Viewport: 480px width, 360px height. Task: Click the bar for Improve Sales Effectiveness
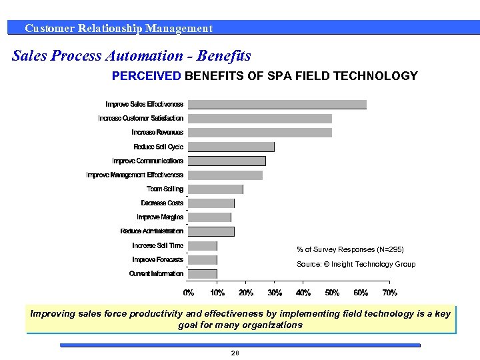pyautogui.click(x=277, y=104)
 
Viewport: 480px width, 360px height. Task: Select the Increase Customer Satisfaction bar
pyautogui.click(x=260, y=118)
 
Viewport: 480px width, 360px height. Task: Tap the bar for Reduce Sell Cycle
pyautogui.click(x=231, y=147)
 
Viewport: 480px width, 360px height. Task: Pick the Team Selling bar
pyautogui.click(x=215, y=189)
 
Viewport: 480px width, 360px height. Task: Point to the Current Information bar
pyautogui.click(x=203, y=274)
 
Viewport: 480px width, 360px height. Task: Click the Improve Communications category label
pyautogui.click(x=147, y=161)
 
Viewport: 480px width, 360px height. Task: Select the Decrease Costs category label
pyautogui.click(x=162, y=203)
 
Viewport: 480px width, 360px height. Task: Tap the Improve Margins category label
pyautogui.click(x=160, y=217)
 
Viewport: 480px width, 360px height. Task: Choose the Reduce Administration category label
pyautogui.click(x=151, y=231)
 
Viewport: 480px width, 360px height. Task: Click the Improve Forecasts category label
pyautogui.click(x=157, y=260)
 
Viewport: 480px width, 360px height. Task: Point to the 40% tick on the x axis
pyautogui.click(x=303, y=293)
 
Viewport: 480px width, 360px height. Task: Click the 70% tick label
pyautogui.click(x=389, y=293)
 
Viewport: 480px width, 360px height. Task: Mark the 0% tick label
pyautogui.click(x=189, y=293)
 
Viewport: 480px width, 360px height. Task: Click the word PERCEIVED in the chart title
pyautogui.click(x=146, y=76)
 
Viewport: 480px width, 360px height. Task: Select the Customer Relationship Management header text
pyautogui.click(x=119, y=28)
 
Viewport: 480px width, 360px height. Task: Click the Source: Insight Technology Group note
pyautogui.click(x=355, y=265)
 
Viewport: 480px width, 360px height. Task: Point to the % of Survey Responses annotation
pyautogui.click(x=350, y=249)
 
